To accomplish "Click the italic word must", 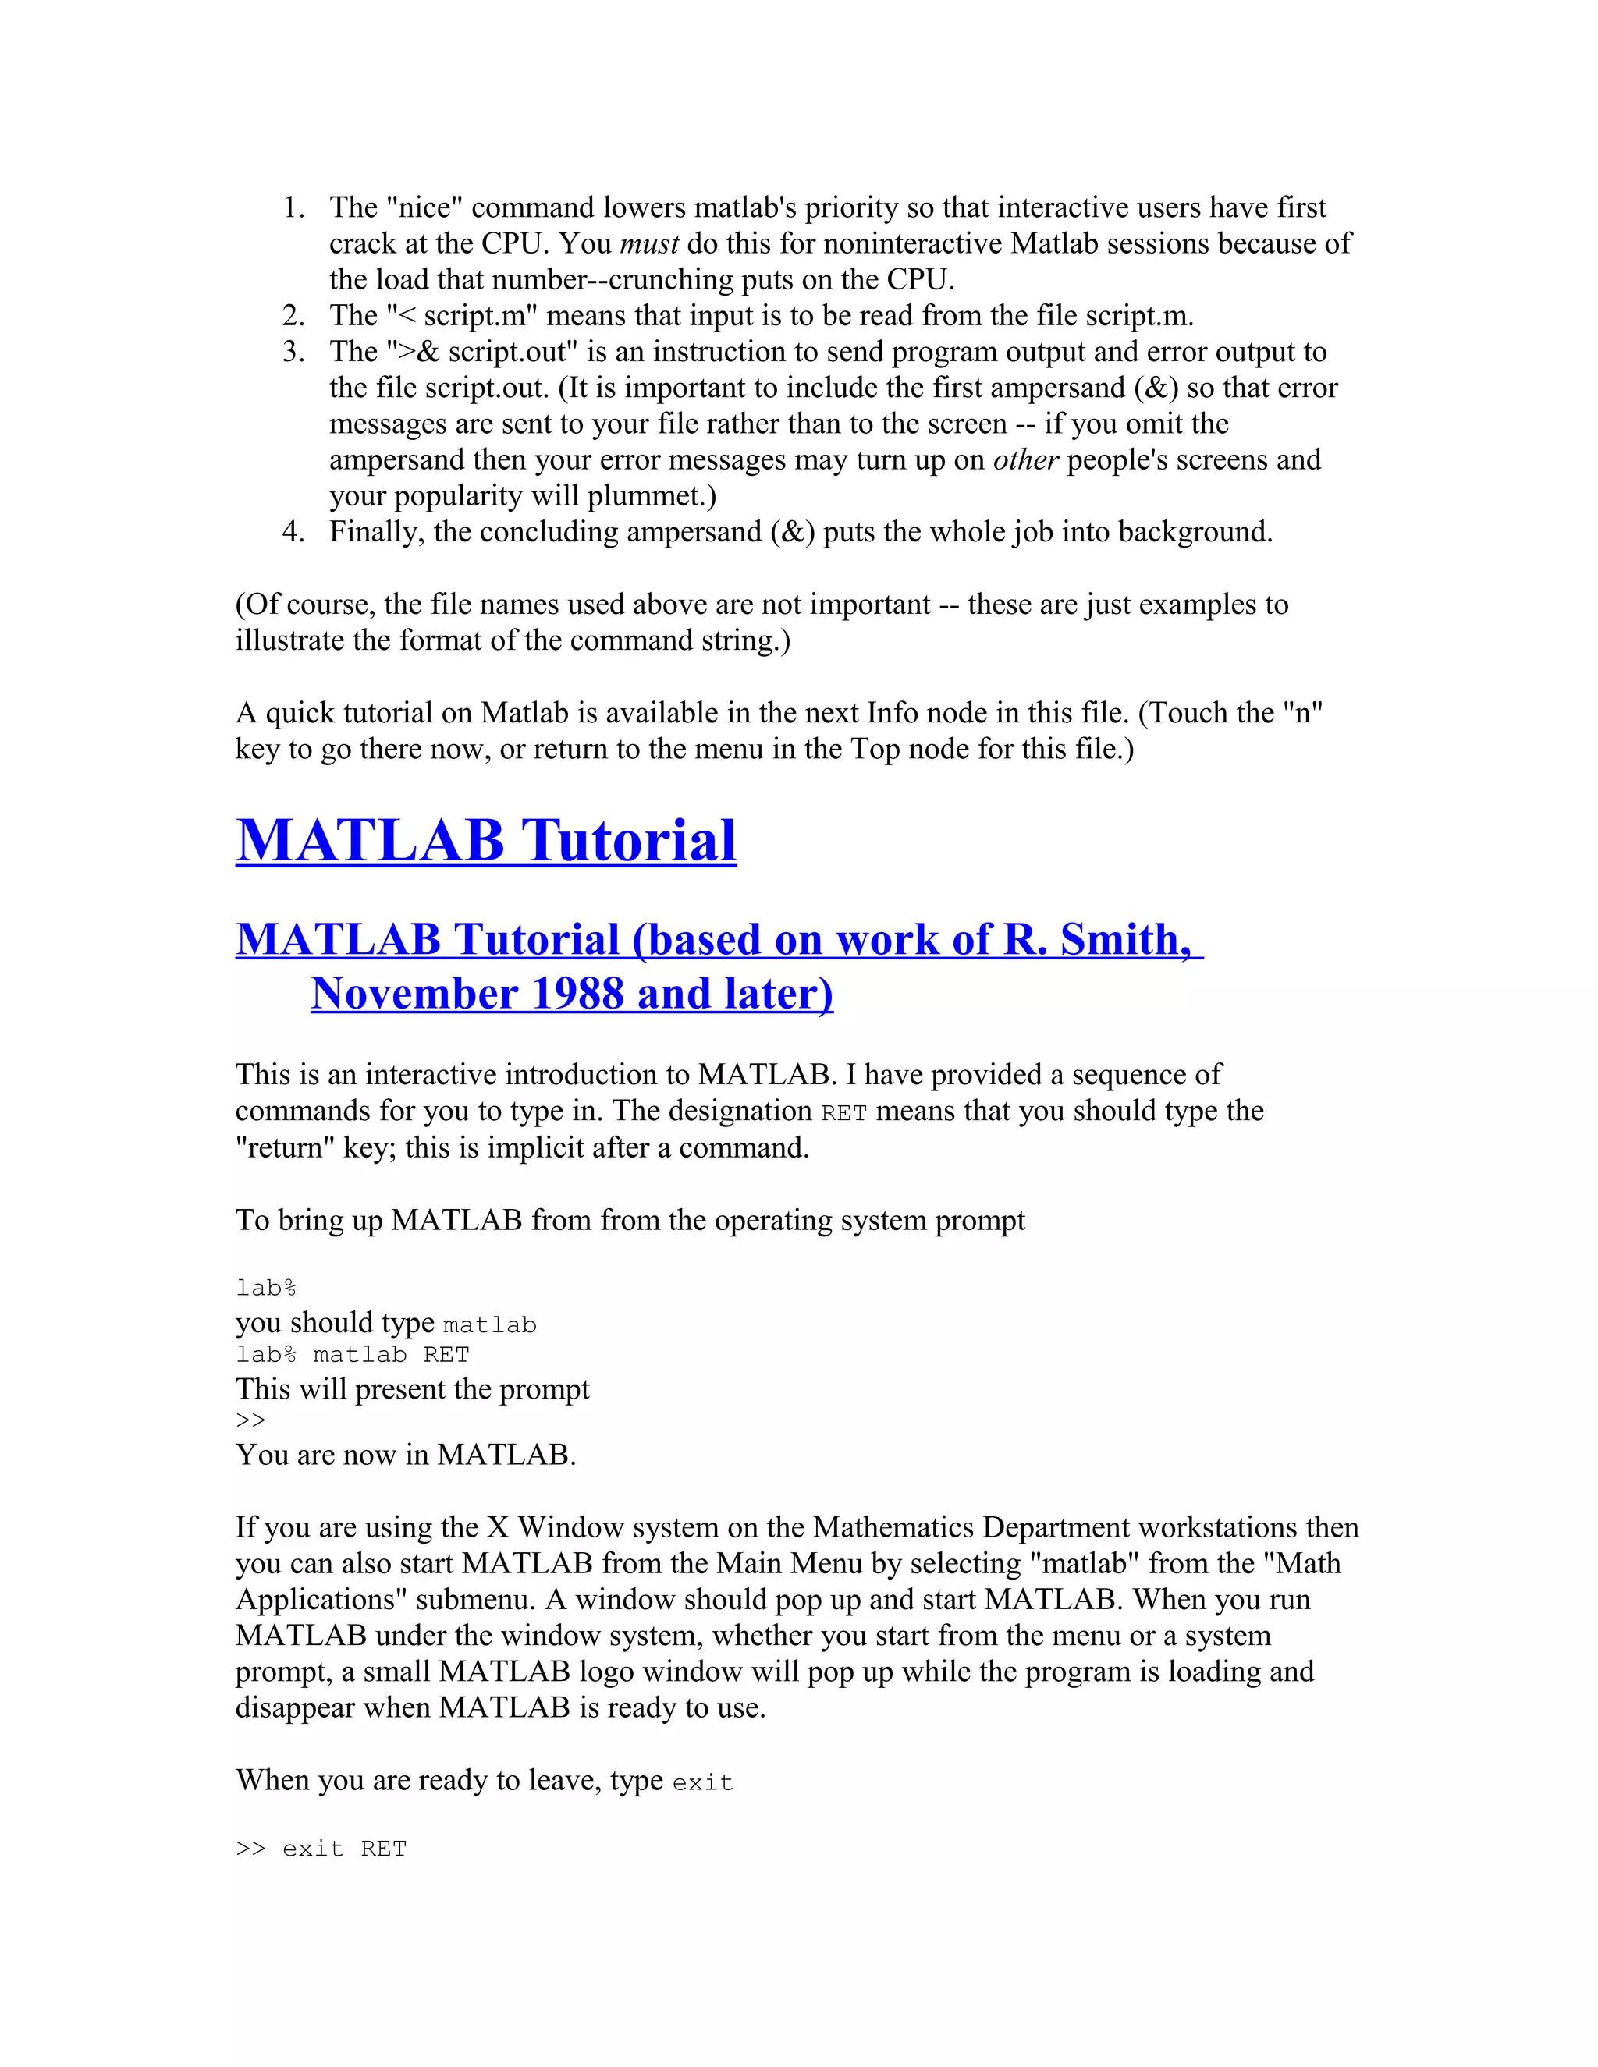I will click(x=648, y=244).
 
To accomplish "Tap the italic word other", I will click(x=1025, y=460).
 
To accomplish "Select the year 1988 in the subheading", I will click(x=577, y=994).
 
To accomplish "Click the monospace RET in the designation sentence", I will click(x=843, y=1113).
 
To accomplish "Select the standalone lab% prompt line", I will click(x=266, y=1288).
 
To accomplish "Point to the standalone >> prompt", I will click(x=251, y=1420).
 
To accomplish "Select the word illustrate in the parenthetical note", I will click(x=289, y=640).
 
